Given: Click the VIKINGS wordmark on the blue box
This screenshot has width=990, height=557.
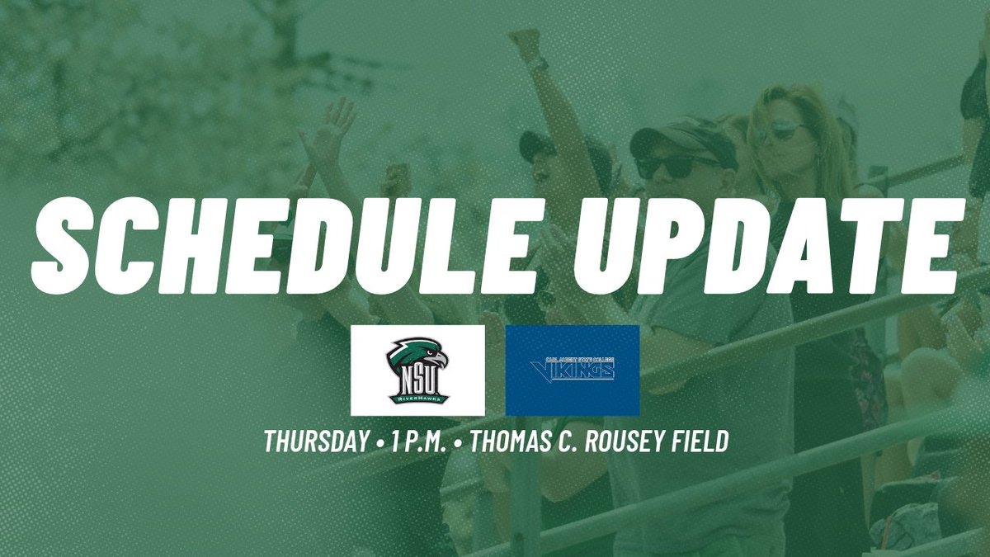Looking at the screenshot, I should coord(577,372).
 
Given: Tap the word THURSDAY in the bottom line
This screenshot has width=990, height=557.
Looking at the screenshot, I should coord(315,441).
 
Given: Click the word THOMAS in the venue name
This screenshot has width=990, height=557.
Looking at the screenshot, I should coord(511,441).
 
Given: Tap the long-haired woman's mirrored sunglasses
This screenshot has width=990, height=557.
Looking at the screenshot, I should coord(779,130).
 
